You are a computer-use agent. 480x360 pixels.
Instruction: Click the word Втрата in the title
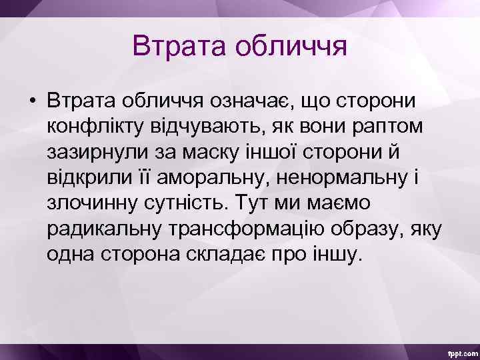(x=171, y=46)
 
